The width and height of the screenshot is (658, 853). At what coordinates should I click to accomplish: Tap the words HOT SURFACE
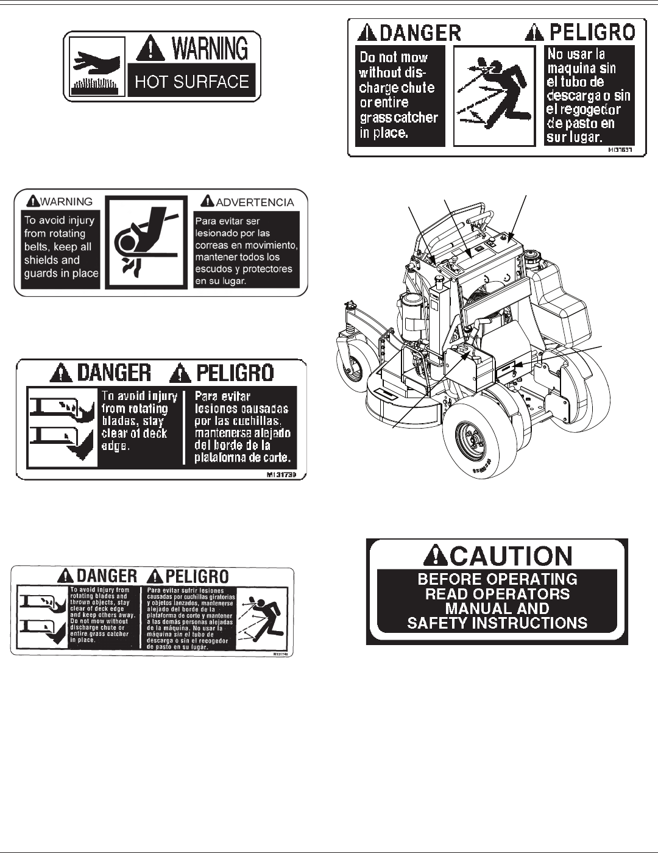[x=192, y=82]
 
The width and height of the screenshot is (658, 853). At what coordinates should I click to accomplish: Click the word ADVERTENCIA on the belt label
[x=254, y=202]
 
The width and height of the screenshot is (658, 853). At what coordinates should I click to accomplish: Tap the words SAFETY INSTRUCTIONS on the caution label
[x=497, y=623]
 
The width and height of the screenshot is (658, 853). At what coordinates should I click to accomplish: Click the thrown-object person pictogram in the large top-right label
[x=494, y=96]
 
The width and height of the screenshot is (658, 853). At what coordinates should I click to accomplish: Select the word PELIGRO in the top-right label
[x=592, y=32]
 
